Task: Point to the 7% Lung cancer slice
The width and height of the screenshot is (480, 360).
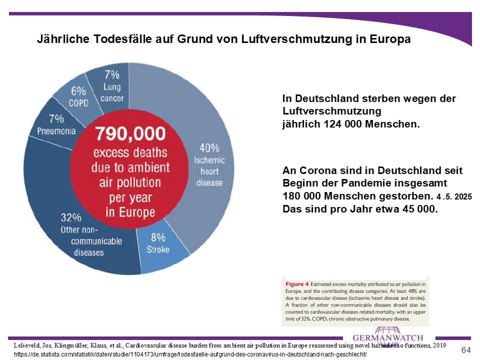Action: pyautogui.click(x=111, y=85)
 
